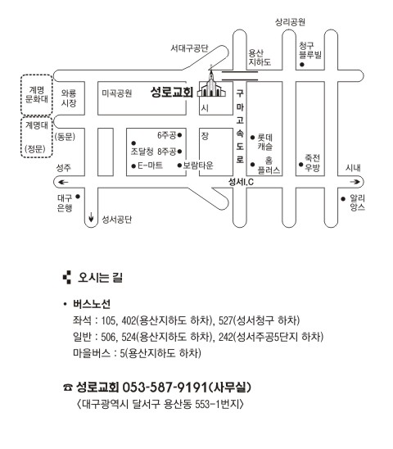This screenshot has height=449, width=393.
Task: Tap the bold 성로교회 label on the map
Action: coord(172,92)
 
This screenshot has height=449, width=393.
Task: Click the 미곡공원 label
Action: coord(117,93)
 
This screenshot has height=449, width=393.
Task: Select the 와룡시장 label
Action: coord(69,98)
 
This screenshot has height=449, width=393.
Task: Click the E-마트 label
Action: coord(151,166)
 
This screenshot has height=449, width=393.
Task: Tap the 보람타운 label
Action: coord(198,166)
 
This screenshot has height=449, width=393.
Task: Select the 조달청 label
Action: coord(142,152)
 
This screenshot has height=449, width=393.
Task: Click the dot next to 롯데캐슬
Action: coord(252,138)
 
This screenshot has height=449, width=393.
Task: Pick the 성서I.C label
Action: coord(241,182)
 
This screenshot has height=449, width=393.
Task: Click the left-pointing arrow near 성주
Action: coord(63,182)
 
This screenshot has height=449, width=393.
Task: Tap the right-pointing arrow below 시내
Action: coord(355,182)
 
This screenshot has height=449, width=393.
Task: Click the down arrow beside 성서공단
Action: coord(91,217)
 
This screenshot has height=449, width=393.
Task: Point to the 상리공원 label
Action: coord(290,22)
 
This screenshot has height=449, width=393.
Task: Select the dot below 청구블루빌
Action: coord(301,65)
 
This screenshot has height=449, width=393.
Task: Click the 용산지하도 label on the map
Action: coord(260,57)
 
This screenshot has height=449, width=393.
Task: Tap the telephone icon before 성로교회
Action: coord(68,388)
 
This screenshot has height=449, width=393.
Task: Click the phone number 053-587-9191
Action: coord(165,388)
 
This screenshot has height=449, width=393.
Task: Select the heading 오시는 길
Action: coord(100,277)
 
